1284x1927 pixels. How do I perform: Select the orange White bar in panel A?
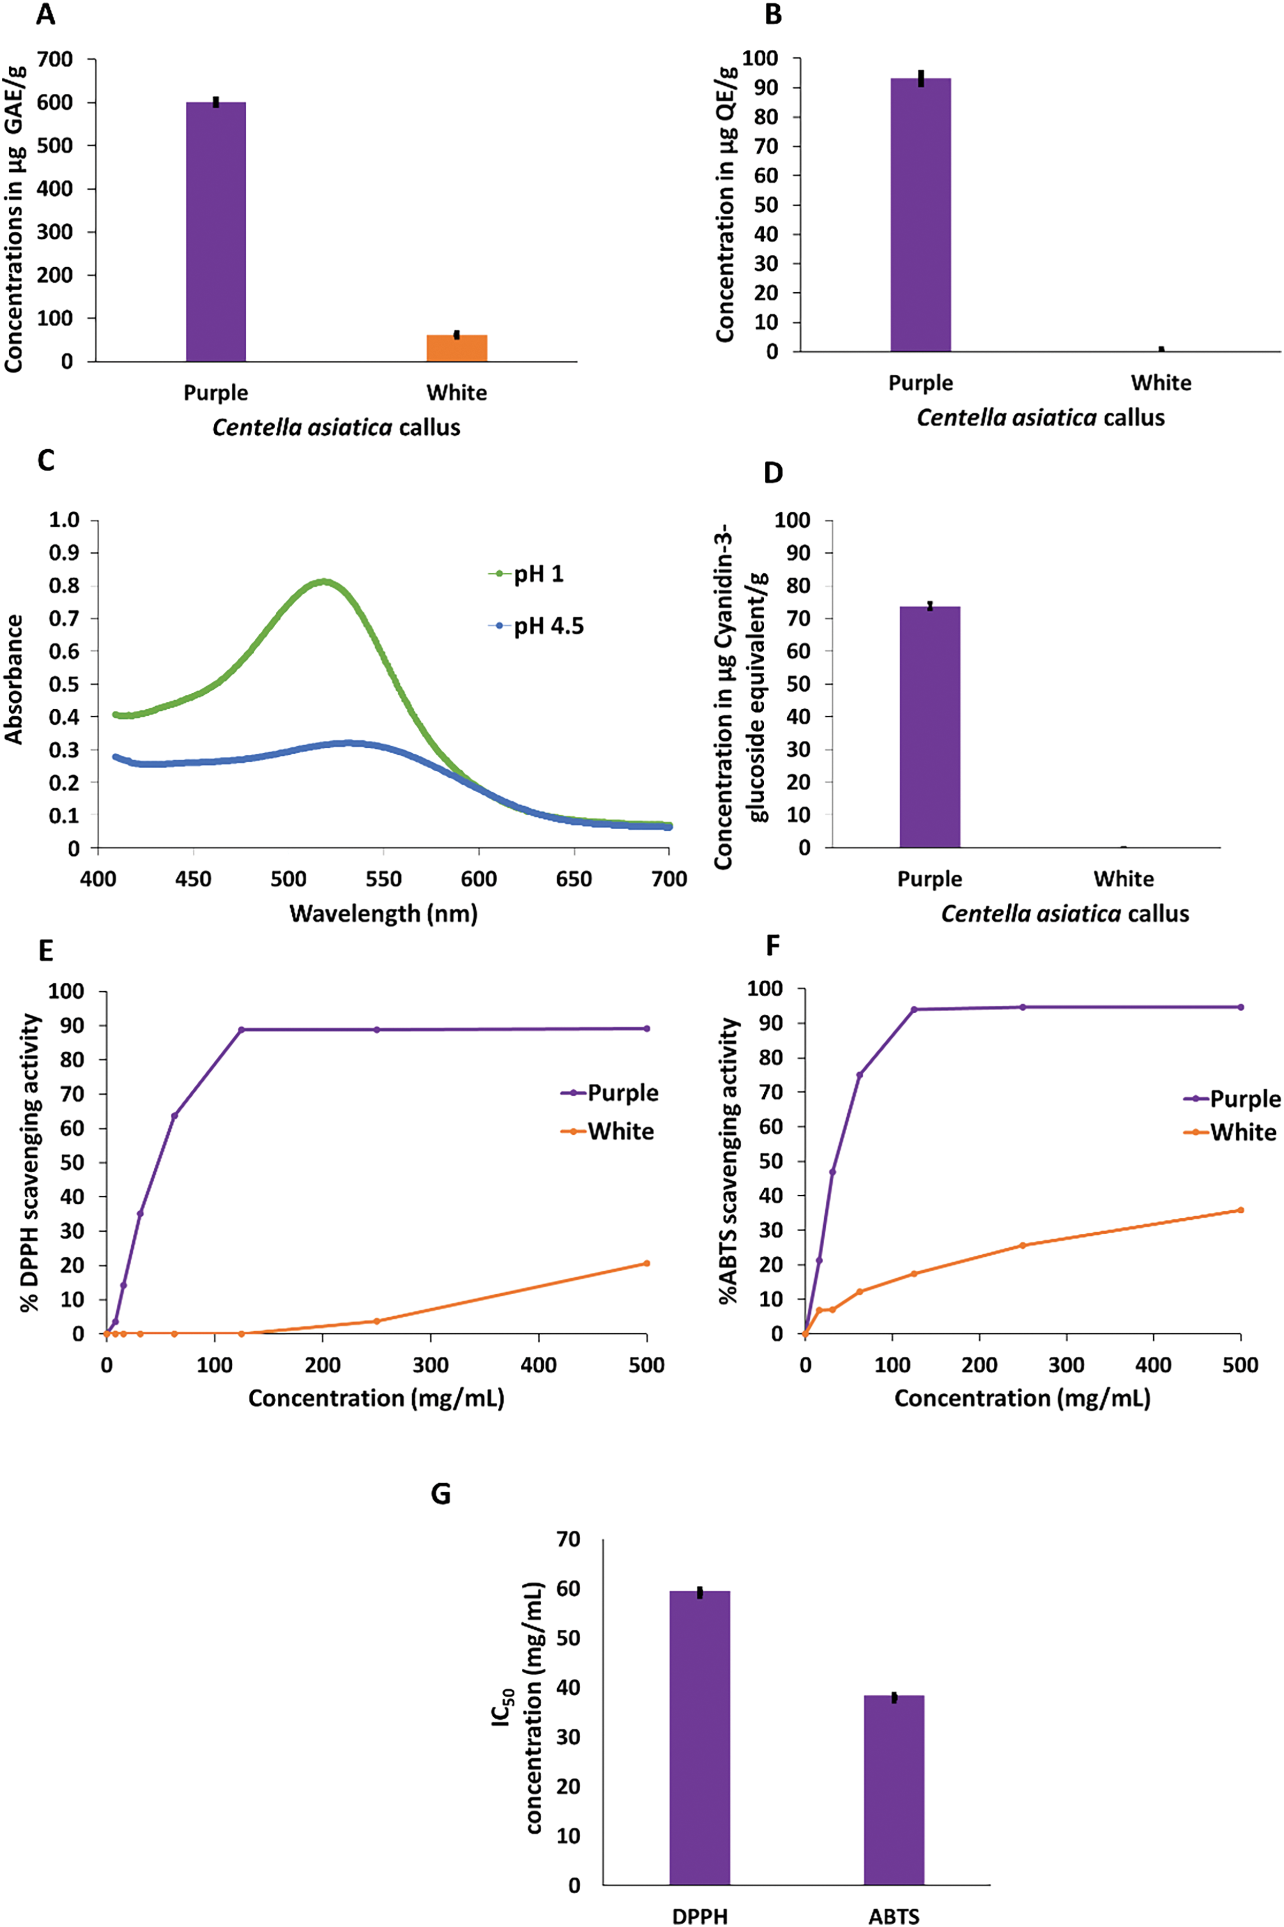(x=457, y=348)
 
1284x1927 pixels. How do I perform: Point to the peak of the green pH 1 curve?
(x=325, y=581)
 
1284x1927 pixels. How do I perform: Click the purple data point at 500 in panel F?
(x=1240, y=1007)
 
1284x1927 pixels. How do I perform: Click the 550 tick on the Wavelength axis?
(x=383, y=879)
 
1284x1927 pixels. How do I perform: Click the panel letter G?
(x=440, y=1494)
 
